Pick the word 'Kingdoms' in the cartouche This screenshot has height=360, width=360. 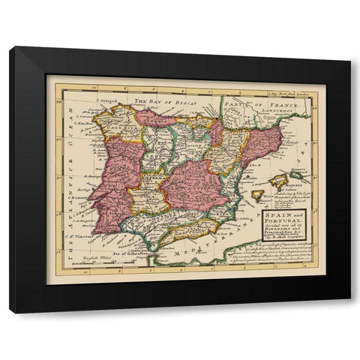[x=283, y=234]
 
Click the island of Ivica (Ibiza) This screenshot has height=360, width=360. [x=258, y=195]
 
